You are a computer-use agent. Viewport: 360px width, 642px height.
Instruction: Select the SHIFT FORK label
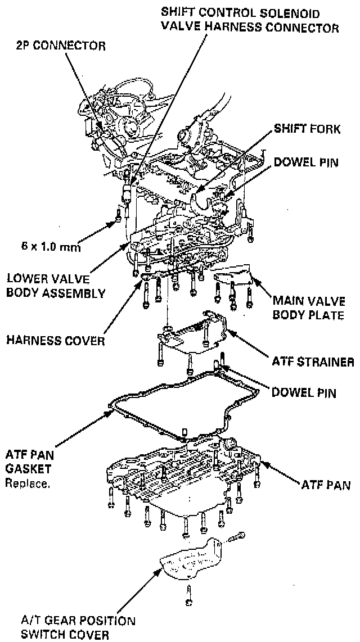(x=307, y=129)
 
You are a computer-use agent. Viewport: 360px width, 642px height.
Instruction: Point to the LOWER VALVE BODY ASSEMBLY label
(x=55, y=286)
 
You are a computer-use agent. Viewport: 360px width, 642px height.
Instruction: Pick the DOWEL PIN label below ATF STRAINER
(x=304, y=392)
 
